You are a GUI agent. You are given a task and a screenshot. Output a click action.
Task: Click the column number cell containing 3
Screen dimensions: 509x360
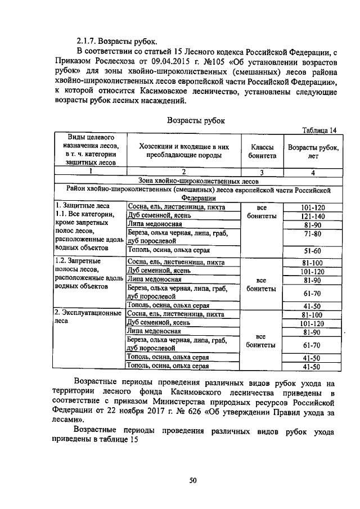coord(260,172)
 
